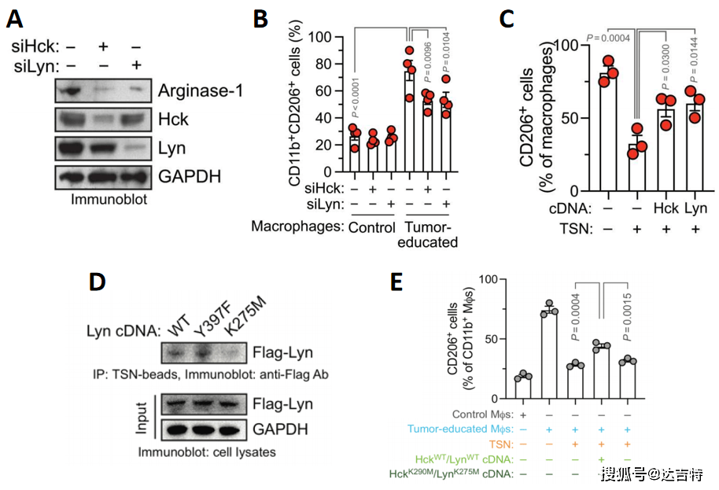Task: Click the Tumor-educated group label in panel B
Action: (x=430, y=233)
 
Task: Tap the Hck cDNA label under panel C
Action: (x=666, y=210)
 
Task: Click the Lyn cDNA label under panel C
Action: (x=695, y=210)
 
